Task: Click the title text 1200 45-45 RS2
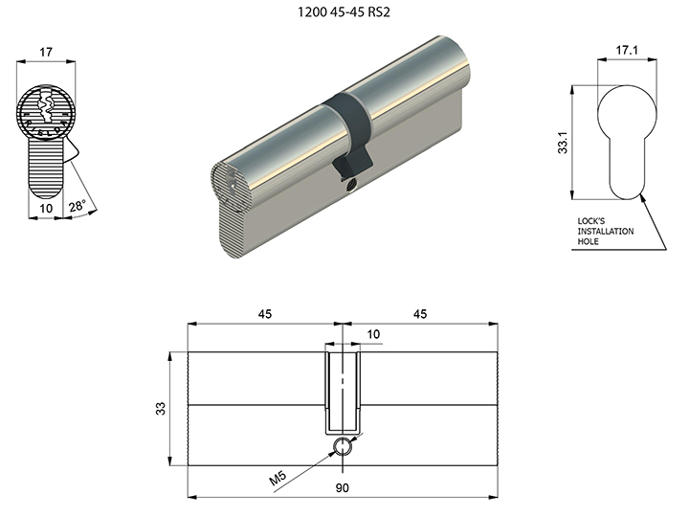point(344,11)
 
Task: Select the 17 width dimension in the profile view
point(46,53)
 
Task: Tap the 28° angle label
point(77,205)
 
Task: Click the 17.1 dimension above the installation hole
point(627,50)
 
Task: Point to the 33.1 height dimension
point(563,143)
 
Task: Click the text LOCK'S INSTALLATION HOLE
point(606,232)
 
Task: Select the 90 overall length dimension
point(343,487)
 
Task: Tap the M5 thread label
point(278,478)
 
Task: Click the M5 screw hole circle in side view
point(343,447)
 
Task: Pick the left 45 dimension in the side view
point(264,314)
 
